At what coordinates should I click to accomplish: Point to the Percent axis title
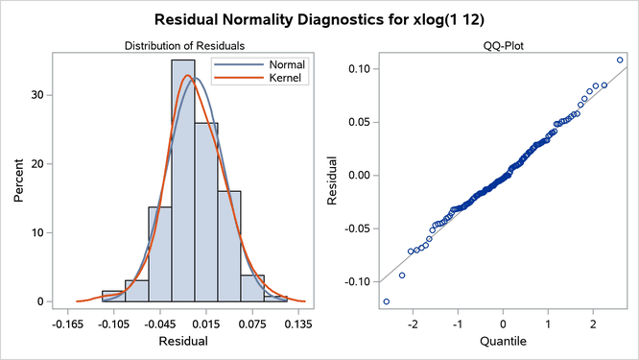[19, 180]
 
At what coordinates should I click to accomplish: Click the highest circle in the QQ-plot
[620, 60]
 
